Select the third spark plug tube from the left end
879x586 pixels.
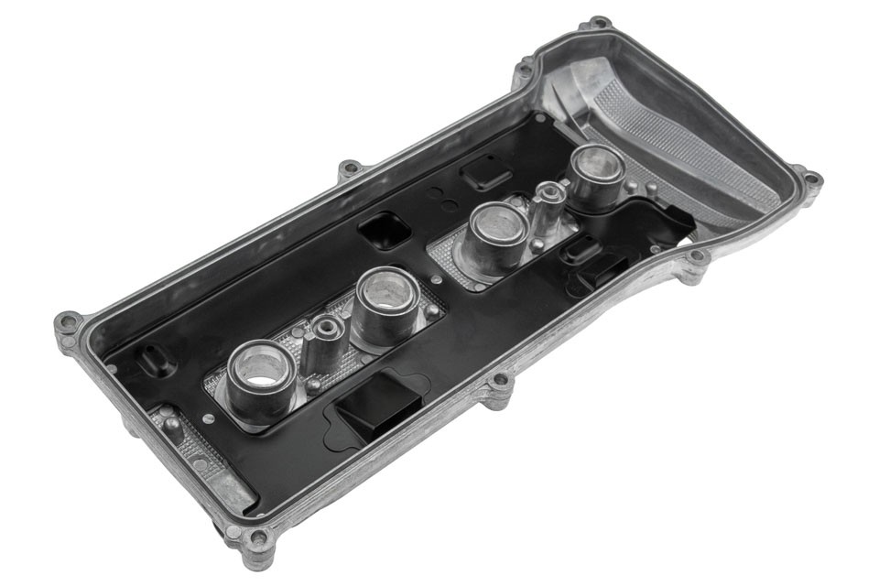(x=498, y=230)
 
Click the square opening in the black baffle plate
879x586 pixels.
(x=384, y=228)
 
